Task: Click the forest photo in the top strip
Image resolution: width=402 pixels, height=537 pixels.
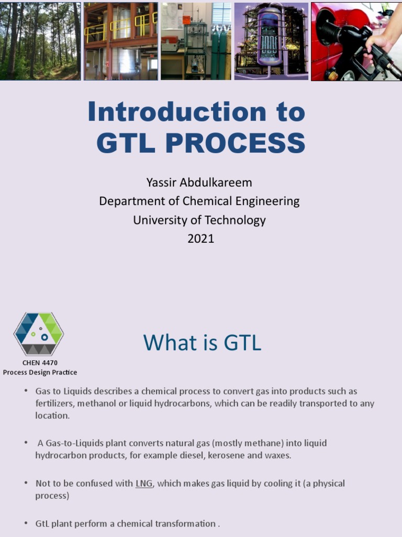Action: tap(40, 41)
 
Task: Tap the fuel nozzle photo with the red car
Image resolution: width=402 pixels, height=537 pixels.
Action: tap(356, 41)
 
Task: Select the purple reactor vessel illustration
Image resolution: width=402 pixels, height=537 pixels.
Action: tap(271, 41)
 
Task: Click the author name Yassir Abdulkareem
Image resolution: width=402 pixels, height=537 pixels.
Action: tap(199, 182)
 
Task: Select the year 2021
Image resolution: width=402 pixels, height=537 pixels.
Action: tap(200, 239)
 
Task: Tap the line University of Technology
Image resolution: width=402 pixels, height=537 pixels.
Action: tap(199, 220)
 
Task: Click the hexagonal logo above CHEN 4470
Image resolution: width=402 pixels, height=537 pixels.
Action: tap(39, 334)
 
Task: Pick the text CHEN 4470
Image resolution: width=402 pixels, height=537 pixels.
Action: tap(40, 362)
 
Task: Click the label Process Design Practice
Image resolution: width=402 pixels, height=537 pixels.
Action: tap(40, 372)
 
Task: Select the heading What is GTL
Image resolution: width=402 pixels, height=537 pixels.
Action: tap(202, 343)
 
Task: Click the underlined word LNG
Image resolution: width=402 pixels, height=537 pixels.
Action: tap(144, 484)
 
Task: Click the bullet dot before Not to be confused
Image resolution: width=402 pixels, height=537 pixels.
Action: tap(26, 483)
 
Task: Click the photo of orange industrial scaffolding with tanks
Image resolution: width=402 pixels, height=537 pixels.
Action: tap(121, 41)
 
